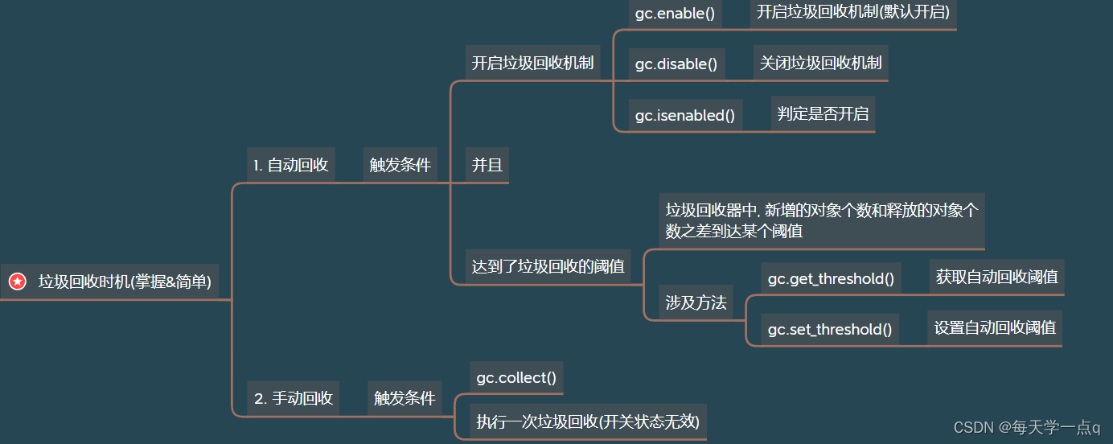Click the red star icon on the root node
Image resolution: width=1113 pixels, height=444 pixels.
click(x=17, y=282)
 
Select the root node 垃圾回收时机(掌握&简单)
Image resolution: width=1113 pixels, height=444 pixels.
click(x=125, y=282)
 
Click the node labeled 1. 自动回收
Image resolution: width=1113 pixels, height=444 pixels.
click(x=290, y=166)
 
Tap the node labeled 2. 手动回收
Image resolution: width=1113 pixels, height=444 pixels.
click(x=293, y=398)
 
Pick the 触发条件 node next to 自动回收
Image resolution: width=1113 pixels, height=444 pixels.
click(x=400, y=166)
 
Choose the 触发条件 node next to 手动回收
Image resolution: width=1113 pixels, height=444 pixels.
click(x=405, y=398)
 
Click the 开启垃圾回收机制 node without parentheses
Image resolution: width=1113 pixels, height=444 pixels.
click(x=532, y=63)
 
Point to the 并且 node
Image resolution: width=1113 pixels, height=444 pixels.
click(x=487, y=166)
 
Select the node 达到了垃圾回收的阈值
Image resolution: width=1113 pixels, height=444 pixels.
click(x=548, y=266)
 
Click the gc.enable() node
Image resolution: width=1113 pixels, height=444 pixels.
click(x=675, y=14)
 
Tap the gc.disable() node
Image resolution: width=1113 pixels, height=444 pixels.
click(x=676, y=64)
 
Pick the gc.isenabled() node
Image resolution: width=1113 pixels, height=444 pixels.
click(x=685, y=115)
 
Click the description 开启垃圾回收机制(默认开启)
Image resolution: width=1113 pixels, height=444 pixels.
click(x=853, y=11)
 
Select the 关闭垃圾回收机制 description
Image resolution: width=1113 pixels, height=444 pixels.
click(x=820, y=63)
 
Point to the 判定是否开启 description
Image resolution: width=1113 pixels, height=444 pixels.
click(x=823, y=113)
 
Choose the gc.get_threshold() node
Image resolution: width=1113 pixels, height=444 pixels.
click(x=831, y=279)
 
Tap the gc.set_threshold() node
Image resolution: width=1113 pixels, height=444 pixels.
click(x=830, y=330)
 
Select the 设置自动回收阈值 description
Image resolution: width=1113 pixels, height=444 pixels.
click(x=995, y=327)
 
